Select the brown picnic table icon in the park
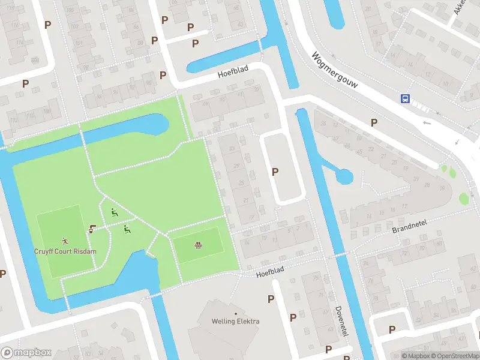[x=92, y=229]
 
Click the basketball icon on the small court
[x=198, y=245]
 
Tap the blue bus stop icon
[x=406, y=98]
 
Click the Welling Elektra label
[x=235, y=321]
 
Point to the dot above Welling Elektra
[x=235, y=313]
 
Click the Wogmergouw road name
[x=334, y=70]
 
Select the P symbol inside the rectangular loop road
[x=275, y=172]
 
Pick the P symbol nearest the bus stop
[x=374, y=122]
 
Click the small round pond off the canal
[x=344, y=176]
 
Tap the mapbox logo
[x=26, y=353]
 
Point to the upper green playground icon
[x=114, y=212]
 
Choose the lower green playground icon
[x=127, y=229]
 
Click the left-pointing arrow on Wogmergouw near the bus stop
[x=427, y=123]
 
